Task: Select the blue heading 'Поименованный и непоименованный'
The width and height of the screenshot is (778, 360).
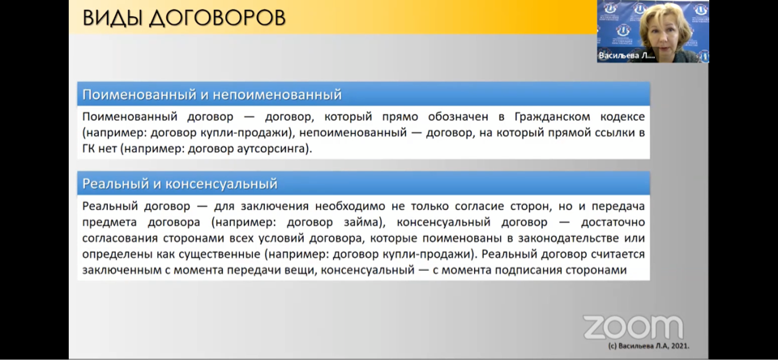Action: [x=212, y=94]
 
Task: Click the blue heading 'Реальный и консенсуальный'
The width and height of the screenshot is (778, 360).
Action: [x=180, y=184]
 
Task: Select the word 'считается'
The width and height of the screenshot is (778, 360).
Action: [x=618, y=255]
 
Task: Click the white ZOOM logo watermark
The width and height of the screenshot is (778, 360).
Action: [x=633, y=328]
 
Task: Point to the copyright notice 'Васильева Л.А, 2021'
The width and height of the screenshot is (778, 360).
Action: [x=648, y=346]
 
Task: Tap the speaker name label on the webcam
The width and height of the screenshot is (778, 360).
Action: [x=626, y=56]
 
